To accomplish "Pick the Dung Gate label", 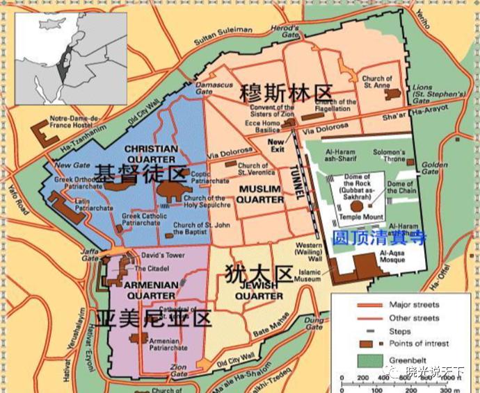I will point(314,321).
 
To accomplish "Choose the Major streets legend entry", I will point(410,305).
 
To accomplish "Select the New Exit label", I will point(278,144).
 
